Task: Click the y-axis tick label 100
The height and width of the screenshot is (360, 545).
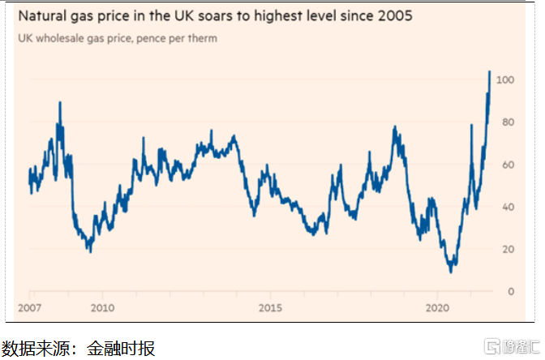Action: [x=505, y=80]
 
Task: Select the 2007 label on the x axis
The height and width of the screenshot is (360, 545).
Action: [x=30, y=308]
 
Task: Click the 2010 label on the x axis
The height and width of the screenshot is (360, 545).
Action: [x=101, y=308]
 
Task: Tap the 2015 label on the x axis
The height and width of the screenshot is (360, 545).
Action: [x=270, y=308]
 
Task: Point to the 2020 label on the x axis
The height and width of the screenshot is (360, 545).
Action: [x=438, y=308]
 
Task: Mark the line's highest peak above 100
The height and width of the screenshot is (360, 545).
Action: [x=489, y=71]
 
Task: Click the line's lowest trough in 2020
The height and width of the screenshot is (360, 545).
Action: [x=451, y=271]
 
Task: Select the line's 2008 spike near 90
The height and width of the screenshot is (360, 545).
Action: [x=59, y=102]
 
